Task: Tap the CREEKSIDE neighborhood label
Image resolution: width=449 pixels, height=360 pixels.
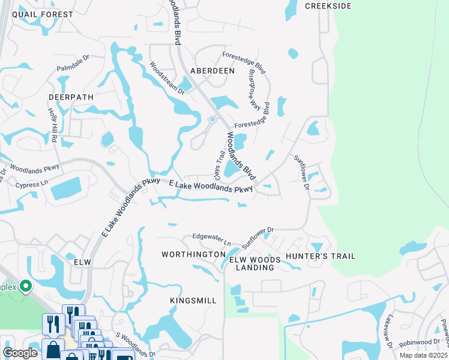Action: click(327, 5)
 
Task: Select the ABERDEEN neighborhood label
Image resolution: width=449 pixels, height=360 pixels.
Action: click(212, 70)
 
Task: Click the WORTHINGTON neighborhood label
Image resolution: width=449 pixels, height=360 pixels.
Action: click(193, 255)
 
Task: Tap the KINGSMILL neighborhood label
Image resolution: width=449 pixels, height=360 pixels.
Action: click(193, 299)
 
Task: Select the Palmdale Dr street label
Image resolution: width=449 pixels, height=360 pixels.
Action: click(73, 62)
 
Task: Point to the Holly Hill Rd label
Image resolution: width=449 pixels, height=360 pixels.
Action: click(53, 125)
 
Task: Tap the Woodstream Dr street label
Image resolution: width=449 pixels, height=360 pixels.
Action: click(167, 77)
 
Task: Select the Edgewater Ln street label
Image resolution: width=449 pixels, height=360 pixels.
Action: click(211, 238)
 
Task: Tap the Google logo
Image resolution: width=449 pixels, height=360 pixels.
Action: click(20, 353)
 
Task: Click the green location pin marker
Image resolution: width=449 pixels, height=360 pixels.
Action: click(25, 286)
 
